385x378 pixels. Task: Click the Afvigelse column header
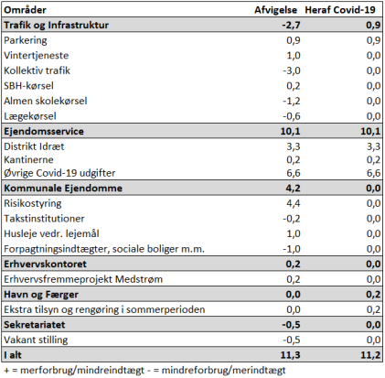275,10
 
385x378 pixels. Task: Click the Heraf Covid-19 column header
340,10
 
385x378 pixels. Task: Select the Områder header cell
25,10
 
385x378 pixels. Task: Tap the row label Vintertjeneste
37,56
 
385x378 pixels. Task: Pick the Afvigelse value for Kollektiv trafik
292,70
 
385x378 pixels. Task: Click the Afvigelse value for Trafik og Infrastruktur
291,25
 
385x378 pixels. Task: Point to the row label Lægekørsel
30,116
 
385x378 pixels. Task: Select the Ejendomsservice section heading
44,132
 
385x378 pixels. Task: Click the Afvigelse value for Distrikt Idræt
294,146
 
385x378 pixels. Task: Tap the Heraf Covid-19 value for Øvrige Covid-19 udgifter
373,173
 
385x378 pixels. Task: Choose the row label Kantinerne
28,160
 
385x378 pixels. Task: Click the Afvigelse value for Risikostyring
294,203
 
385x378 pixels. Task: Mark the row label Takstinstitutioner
44,219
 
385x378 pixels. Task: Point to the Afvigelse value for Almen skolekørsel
292,101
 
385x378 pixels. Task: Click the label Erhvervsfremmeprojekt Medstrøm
83,279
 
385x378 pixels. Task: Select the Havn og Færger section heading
41,295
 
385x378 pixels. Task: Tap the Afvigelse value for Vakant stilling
292,340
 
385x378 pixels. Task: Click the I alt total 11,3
290,355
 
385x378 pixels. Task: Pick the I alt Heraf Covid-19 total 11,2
370,355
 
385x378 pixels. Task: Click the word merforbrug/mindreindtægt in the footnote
82,371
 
